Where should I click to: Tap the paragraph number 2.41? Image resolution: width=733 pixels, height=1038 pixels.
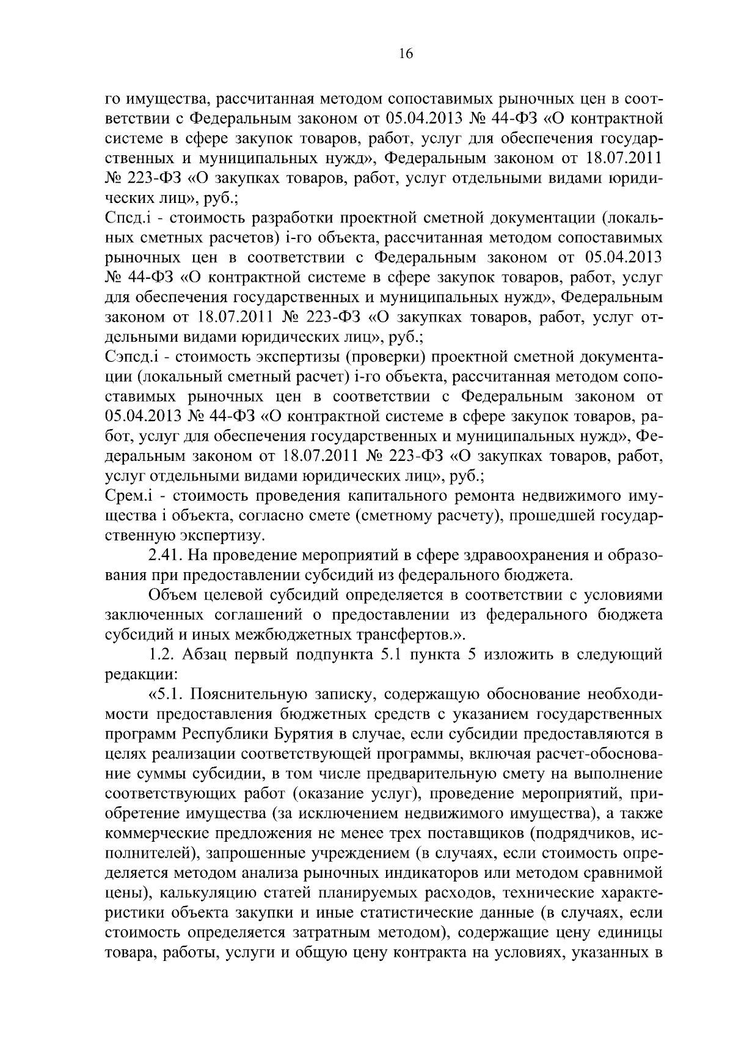(x=164, y=556)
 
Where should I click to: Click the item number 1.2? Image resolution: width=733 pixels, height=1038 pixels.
(x=162, y=655)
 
